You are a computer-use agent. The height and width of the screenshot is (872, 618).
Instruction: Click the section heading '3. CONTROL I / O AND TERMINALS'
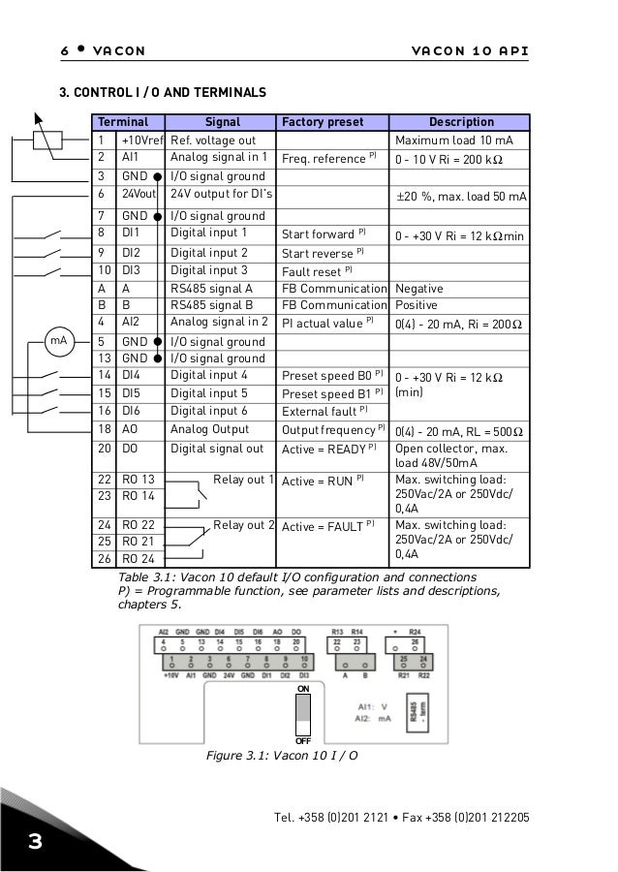[163, 93]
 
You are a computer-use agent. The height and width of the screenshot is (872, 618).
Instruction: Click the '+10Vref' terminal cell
[141, 140]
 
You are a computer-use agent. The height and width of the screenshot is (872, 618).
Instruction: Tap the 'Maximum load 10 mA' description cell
[450, 140]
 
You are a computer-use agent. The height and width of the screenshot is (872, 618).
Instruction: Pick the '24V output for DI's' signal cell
[221, 195]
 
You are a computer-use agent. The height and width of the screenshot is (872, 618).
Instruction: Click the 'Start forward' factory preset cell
[323, 234]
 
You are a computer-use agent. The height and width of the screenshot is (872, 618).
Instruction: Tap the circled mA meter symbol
[60, 341]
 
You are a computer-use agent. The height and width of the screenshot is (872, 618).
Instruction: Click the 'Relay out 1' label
[244, 480]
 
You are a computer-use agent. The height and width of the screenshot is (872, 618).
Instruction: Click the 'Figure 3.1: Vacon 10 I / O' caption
[281, 755]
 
